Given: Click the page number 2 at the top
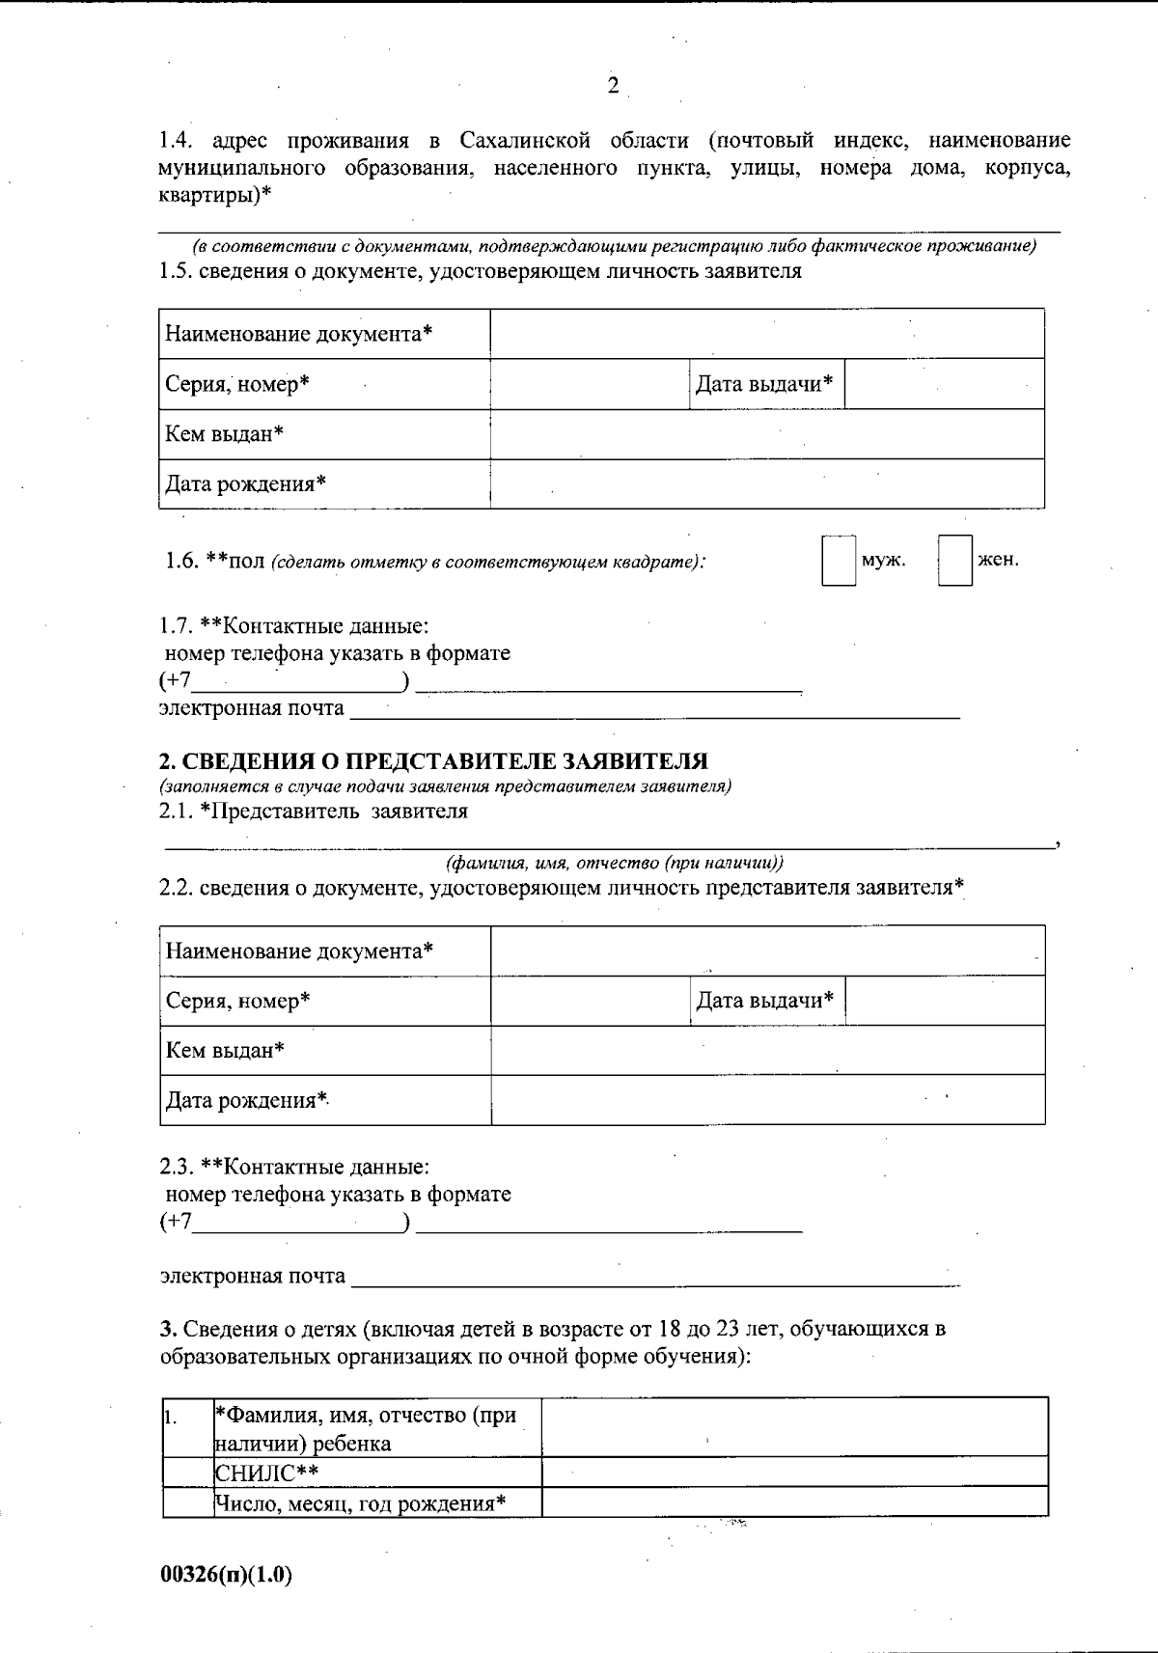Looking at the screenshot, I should click(x=613, y=87).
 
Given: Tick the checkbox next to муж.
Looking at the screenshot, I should click(x=838, y=561).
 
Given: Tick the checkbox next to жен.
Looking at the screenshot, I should click(x=954, y=561).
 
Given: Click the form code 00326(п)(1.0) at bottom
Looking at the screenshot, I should click(x=226, y=1575).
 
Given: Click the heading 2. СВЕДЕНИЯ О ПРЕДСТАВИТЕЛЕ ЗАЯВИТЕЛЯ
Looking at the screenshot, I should click(x=433, y=761).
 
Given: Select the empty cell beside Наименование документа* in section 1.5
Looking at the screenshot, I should click(x=767, y=334).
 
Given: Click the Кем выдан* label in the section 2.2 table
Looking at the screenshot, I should click(x=225, y=1050).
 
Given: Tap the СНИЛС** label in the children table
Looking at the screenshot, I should click(x=266, y=1472).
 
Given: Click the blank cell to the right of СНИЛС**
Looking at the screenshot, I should click(x=794, y=1472).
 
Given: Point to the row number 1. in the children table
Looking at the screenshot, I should click(x=170, y=1418).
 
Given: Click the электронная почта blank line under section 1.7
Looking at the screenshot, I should click(x=654, y=710).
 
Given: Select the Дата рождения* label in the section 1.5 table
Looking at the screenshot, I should click(x=246, y=483).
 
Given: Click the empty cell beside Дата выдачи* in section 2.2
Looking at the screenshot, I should click(x=945, y=1001).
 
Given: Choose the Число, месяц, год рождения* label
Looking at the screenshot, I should click(x=360, y=1502).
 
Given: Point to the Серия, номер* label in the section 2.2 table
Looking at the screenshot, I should click(x=237, y=1001).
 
